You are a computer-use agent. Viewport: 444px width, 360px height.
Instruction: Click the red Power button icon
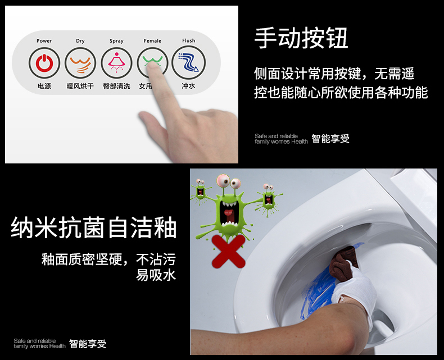click(x=44, y=63)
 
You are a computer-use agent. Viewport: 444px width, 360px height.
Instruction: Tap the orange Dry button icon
click(x=80, y=63)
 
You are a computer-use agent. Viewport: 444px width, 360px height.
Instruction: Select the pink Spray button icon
click(x=116, y=63)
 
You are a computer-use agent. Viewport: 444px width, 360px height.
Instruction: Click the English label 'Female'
click(x=152, y=41)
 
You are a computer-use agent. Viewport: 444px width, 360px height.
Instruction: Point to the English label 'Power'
click(x=44, y=41)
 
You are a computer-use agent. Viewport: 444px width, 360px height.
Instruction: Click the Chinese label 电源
click(x=44, y=86)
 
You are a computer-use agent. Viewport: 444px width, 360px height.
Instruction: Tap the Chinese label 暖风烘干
click(x=80, y=86)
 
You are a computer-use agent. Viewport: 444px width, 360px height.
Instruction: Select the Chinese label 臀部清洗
click(x=116, y=86)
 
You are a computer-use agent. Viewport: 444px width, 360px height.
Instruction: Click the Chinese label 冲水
click(x=188, y=86)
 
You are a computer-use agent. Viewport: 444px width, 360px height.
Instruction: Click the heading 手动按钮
click(x=301, y=38)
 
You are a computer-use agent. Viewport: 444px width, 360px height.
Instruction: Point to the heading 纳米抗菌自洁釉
click(x=94, y=227)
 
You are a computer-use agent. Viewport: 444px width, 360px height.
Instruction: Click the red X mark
click(x=229, y=251)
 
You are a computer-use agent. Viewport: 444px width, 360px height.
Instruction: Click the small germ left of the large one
click(x=201, y=191)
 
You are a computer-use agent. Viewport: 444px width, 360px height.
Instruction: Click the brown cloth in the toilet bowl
click(x=344, y=263)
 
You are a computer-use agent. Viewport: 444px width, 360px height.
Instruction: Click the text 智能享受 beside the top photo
click(x=330, y=139)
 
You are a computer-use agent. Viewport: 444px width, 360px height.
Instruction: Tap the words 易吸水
click(x=156, y=275)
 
